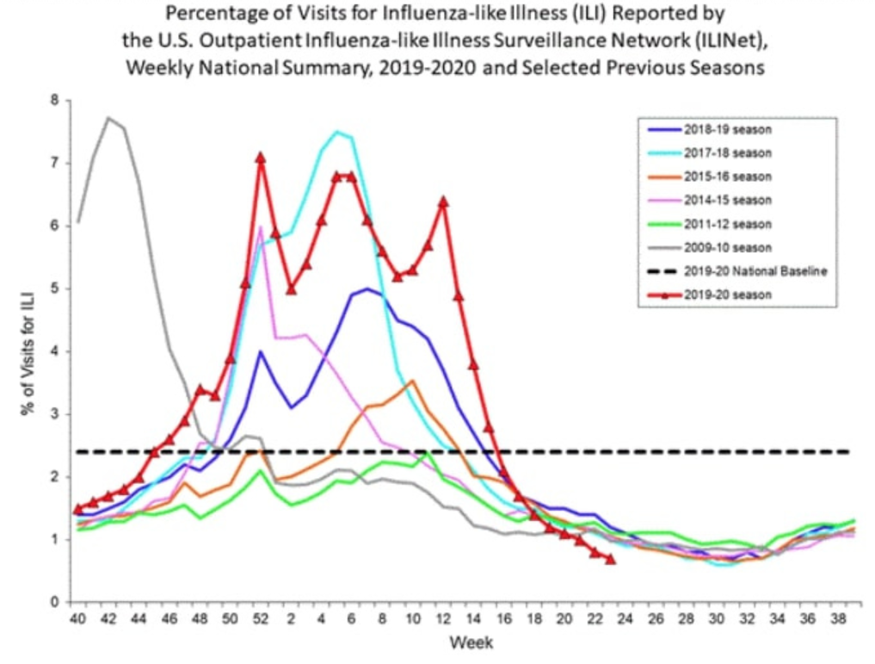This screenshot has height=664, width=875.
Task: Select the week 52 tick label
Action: [260, 619]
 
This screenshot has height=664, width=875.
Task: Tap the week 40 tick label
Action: [78, 619]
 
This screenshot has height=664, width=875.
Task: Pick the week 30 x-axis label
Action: [715, 619]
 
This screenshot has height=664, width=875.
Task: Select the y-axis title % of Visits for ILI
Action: [28, 351]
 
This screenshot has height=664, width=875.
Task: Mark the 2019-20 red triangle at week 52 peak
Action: [260, 158]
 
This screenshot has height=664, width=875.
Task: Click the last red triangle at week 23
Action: [610, 559]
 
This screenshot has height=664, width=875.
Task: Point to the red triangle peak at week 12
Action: [443, 202]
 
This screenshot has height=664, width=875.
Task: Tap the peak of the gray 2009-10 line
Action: [108, 118]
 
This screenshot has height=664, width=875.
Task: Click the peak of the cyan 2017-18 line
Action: [336, 132]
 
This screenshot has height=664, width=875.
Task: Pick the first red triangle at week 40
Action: [78, 508]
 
